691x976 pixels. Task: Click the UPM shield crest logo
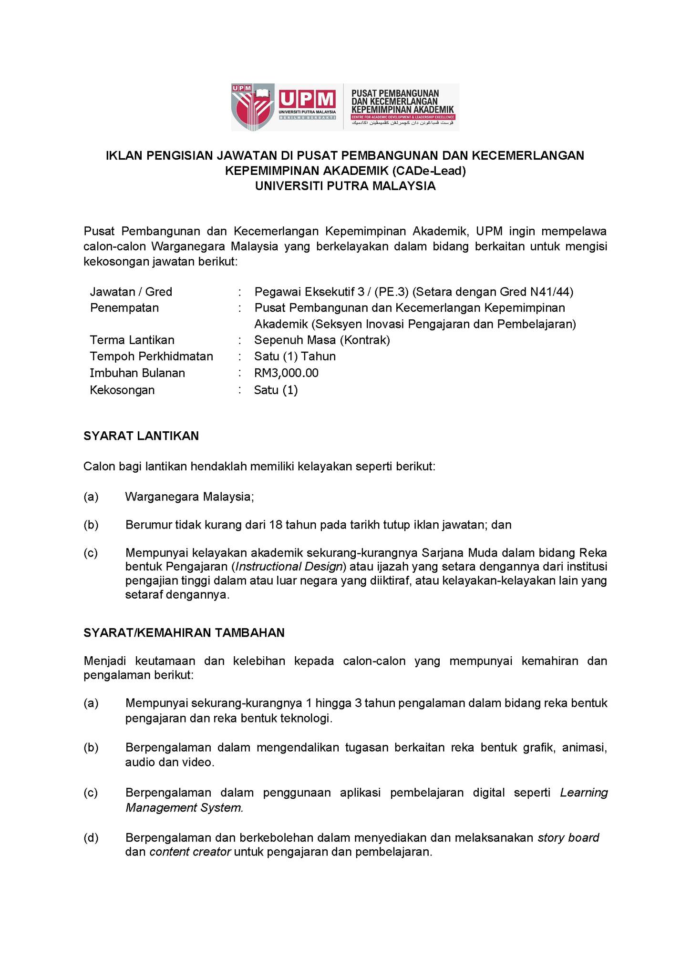pos(253,107)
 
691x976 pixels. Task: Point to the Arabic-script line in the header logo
pos(403,123)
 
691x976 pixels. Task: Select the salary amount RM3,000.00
pos(286,373)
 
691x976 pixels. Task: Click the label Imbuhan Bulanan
pos(137,373)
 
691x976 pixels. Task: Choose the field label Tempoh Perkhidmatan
pos(151,356)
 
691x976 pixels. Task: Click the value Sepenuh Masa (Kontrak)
pos(322,340)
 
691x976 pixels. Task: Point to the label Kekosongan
pos(122,390)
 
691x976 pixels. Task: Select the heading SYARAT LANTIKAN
pos(141,436)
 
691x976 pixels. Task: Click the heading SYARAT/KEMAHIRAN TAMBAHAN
pos(184,632)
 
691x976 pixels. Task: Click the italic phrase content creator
pos(190,852)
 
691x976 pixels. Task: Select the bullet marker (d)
pos(91,838)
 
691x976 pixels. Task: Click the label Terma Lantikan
pos(132,340)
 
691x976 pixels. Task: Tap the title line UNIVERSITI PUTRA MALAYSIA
pos(345,186)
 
